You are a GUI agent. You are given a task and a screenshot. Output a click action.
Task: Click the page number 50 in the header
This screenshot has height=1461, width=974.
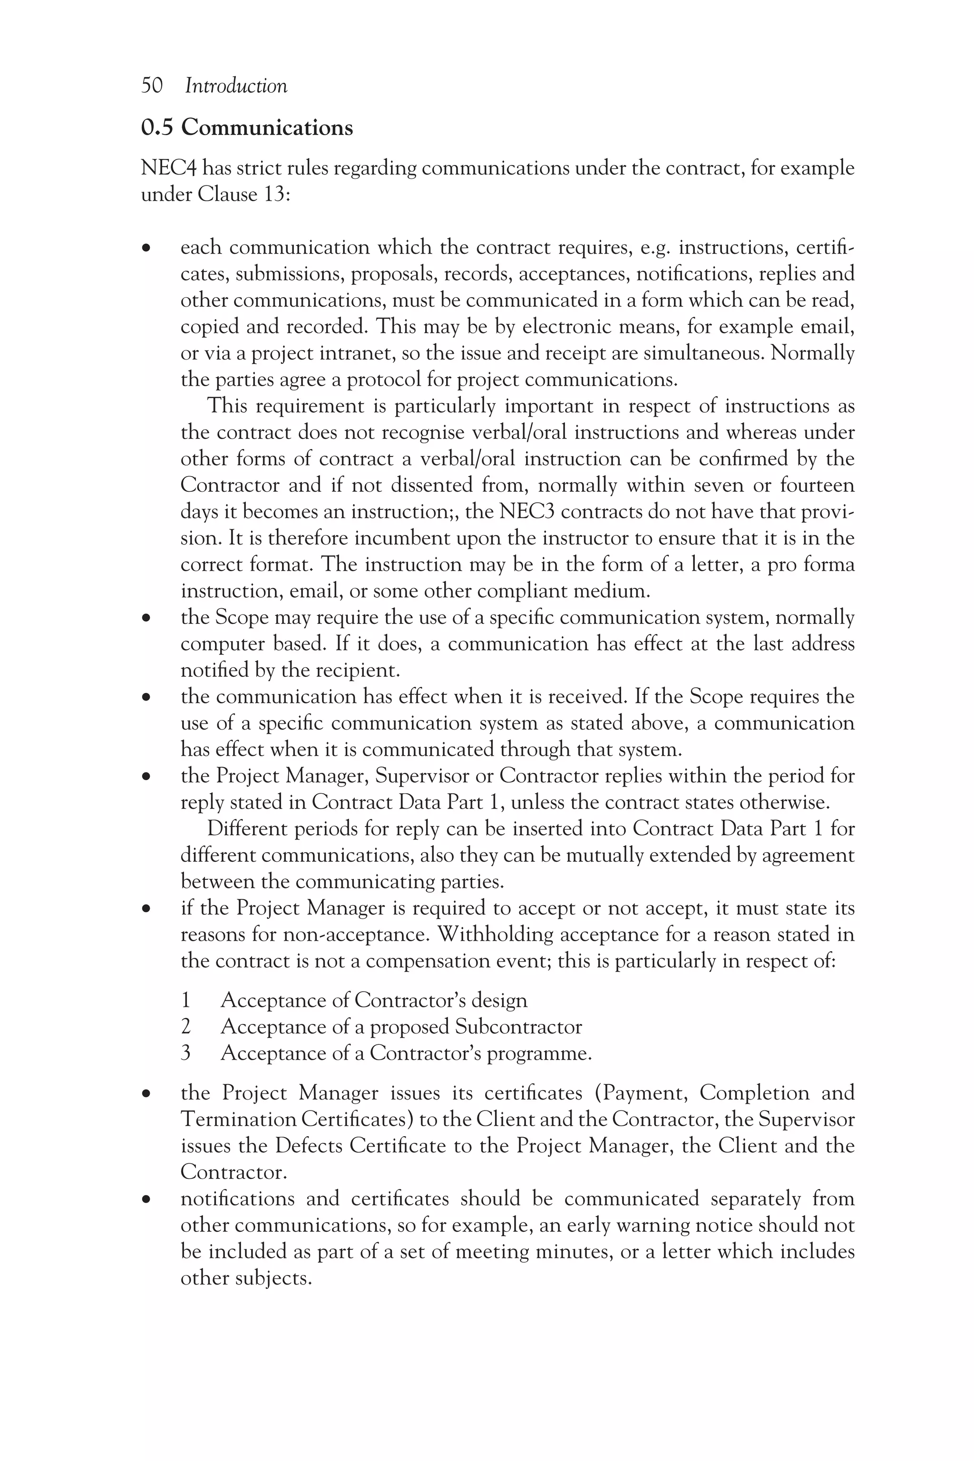[152, 86]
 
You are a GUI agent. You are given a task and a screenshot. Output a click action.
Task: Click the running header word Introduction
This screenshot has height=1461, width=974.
[236, 86]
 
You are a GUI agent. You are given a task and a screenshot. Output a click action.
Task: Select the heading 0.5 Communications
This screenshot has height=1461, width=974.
[247, 127]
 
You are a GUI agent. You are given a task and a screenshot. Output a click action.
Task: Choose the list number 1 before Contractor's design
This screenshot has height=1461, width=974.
[185, 1000]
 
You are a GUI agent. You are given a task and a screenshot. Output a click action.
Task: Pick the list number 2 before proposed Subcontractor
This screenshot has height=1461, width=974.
[185, 1026]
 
